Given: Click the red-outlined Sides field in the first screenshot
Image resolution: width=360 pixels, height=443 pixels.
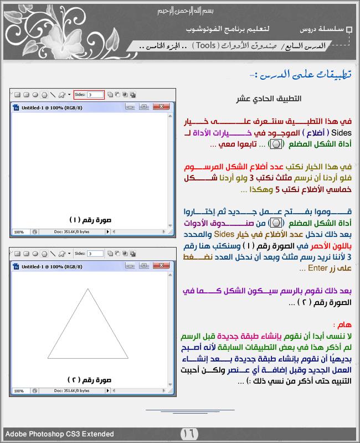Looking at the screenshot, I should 95,95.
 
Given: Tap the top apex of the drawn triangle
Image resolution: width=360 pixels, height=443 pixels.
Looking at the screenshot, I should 87,288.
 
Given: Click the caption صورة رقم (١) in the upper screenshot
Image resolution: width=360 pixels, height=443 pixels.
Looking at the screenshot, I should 91,219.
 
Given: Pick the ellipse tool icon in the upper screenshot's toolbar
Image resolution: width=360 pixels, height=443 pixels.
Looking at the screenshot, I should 35,95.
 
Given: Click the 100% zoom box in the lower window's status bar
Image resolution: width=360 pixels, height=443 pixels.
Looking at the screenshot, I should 19,392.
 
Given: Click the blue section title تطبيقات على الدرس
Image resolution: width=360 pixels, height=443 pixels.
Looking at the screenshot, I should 302,74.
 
